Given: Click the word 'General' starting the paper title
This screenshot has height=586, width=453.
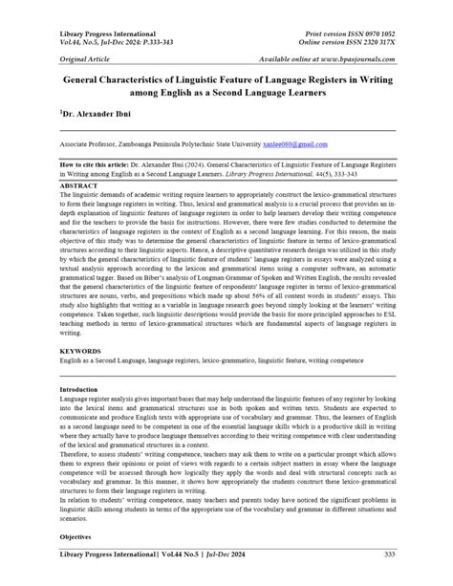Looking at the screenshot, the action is click(x=89, y=82).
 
